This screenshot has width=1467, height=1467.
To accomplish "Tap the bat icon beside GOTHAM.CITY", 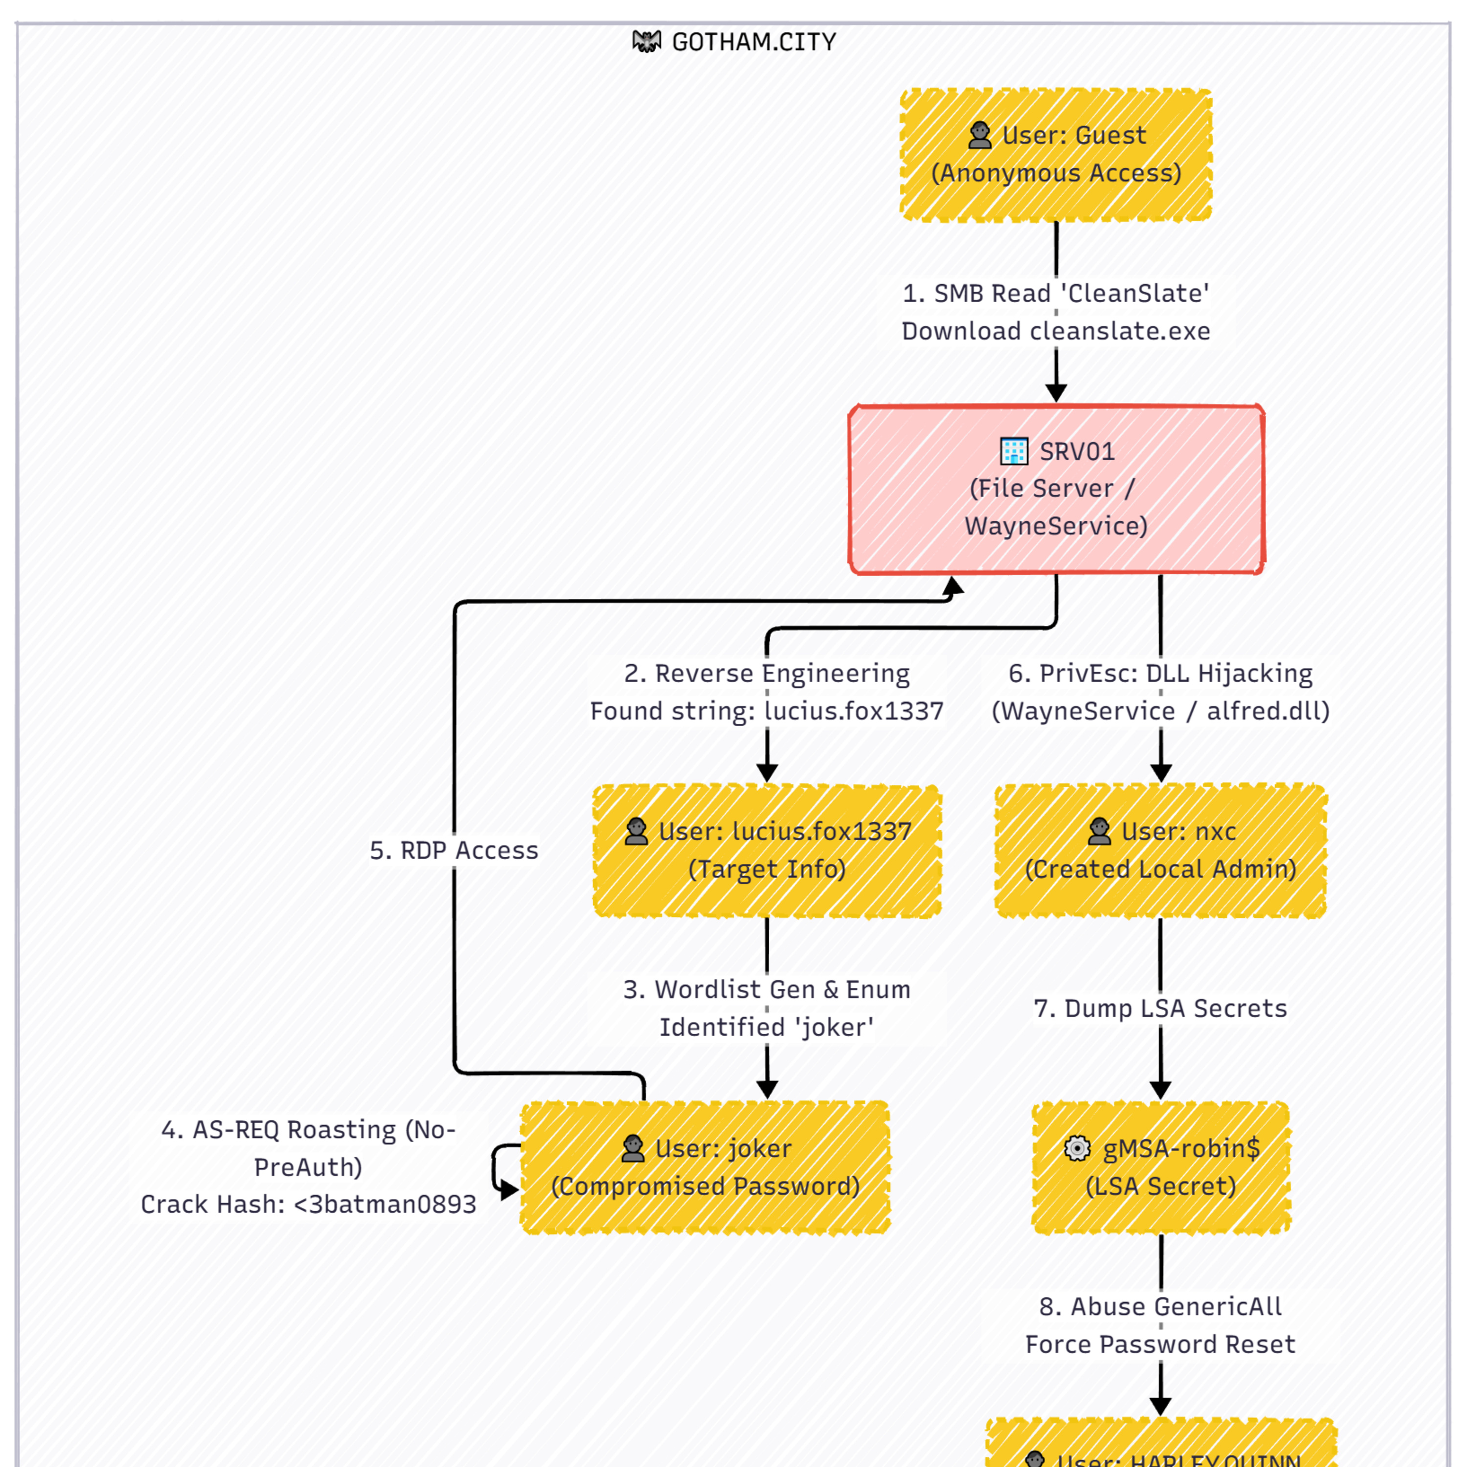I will pyautogui.click(x=646, y=41).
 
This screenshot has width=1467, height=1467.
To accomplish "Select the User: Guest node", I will pyautogui.click(x=1055, y=155).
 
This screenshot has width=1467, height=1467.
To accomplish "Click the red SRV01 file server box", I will pyautogui.click(x=1055, y=489).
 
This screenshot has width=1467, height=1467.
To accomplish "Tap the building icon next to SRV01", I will pyautogui.click(x=1014, y=451).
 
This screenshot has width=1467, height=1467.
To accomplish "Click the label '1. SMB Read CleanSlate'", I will pyautogui.click(x=1055, y=293).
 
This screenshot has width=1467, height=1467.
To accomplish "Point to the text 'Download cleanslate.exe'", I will pyautogui.click(x=1055, y=331).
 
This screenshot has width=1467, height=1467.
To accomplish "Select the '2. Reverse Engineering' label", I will pyautogui.click(x=767, y=673).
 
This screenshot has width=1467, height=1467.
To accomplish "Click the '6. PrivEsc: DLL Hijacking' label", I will pyautogui.click(x=1160, y=673).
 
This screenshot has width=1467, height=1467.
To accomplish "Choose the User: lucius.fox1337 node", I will pyautogui.click(x=767, y=850).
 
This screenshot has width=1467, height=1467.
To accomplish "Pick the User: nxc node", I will pyautogui.click(x=1160, y=850).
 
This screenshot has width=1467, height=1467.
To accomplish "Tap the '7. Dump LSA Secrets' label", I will pyautogui.click(x=1160, y=1008).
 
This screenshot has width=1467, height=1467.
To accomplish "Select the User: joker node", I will pyautogui.click(x=705, y=1167).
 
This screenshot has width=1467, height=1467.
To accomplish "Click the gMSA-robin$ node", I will pyautogui.click(x=1160, y=1167).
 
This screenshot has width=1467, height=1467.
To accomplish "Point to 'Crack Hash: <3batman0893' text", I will pyautogui.click(x=308, y=1204).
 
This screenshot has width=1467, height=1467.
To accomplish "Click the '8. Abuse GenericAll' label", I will pyautogui.click(x=1160, y=1307).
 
